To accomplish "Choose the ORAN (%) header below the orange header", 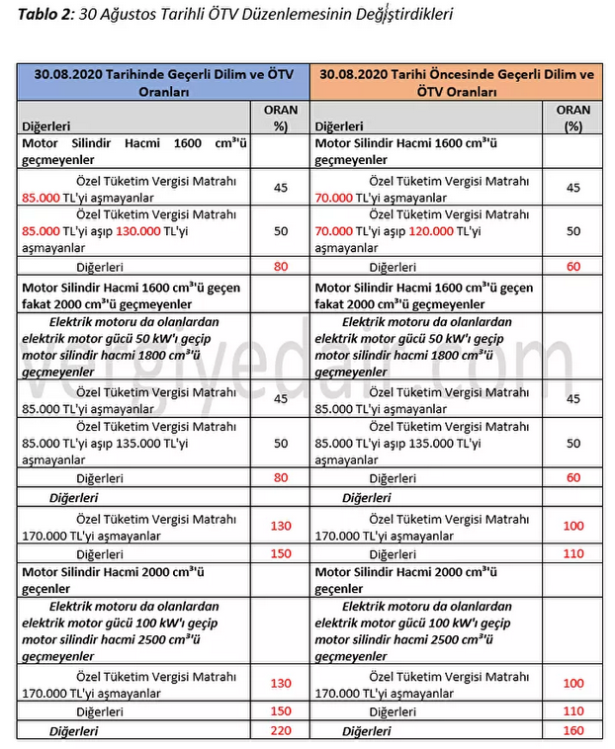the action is coord(573,119).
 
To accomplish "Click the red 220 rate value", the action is coord(281,731).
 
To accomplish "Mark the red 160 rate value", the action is coord(573,731).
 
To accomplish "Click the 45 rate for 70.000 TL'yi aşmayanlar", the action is coord(573,189).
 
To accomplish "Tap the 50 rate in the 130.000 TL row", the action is coord(281,231).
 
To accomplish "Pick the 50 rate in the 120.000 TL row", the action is coord(573,231).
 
